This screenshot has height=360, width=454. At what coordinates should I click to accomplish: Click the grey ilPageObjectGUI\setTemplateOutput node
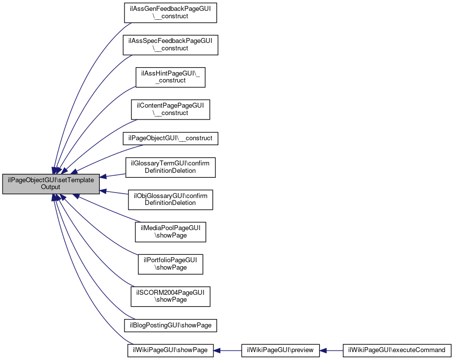click(51, 184)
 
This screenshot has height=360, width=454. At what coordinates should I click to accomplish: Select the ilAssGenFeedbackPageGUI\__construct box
click(170, 13)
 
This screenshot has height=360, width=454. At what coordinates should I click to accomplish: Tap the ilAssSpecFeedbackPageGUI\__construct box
click(170, 45)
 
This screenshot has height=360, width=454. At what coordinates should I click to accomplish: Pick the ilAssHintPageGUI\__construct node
click(170, 77)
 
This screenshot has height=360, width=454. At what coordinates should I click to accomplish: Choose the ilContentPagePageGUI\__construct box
click(170, 110)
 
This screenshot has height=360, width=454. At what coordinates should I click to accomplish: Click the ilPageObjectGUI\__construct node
click(170, 138)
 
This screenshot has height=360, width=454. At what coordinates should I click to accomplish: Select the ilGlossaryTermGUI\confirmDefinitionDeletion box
click(170, 167)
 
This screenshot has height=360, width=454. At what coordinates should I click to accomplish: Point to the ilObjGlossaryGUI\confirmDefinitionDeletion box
click(170, 200)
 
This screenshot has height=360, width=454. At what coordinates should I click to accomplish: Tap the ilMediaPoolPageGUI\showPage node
click(170, 232)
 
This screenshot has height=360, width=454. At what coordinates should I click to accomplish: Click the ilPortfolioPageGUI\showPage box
click(170, 264)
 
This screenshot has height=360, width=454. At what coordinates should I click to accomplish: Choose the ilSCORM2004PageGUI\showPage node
click(170, 296)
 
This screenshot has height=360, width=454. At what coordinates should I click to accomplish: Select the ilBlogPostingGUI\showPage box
click(170, 325)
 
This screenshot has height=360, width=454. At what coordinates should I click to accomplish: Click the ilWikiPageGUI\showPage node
click(170, 351)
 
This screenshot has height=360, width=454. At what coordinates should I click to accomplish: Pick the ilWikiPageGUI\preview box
click(280, 351)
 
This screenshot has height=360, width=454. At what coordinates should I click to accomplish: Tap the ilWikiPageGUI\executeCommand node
click(397, 351)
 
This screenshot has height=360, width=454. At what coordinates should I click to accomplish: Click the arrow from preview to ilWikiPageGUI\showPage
click(227, 351)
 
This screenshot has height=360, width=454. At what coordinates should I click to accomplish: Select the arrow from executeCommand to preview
click(331, 351)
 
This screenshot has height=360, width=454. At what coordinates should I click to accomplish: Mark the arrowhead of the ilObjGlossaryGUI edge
click(103, 191)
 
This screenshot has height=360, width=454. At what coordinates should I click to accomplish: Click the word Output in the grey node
click(50, 187)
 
